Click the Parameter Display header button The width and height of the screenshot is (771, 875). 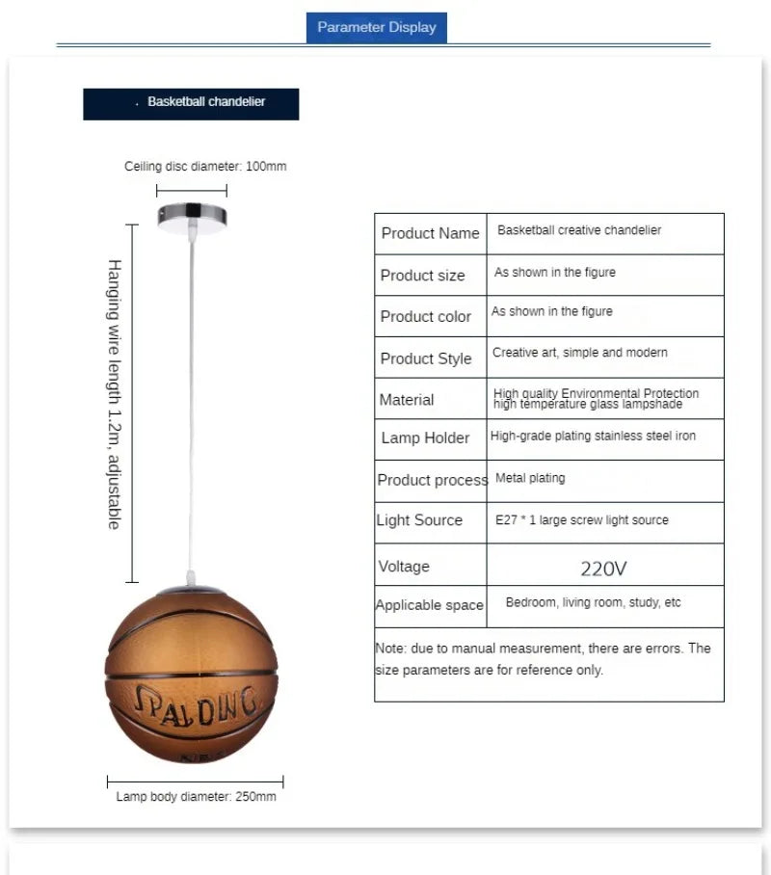[377, 27]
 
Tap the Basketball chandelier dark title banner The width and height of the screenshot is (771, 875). [191, 103]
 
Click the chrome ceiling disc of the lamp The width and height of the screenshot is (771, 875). [192, 216]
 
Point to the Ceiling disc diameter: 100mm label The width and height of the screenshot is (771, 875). [205, 167]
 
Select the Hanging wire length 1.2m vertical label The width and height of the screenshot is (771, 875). [114, 393]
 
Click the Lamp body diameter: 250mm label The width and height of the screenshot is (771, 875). [196, 797]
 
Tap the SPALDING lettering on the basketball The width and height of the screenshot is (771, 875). [196, 704]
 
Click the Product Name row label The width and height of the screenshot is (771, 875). [430, 233]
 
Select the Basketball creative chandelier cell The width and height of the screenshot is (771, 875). [579, 231]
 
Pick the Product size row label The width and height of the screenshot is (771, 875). [422, 276]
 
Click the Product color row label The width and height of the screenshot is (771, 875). [426, 317]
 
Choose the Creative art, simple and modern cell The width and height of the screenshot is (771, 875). [579, 353]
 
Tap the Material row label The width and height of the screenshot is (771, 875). [407, 400]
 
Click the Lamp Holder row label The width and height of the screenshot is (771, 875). [425, 437]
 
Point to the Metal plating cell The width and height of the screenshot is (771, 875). [530, 478]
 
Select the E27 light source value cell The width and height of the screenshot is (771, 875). [581, 520]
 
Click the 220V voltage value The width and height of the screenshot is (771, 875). [603, 569]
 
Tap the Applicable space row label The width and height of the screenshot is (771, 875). [429, 605]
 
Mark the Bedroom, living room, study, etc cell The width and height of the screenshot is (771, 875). [593, 602]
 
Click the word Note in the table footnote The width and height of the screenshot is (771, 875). [390, 649]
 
